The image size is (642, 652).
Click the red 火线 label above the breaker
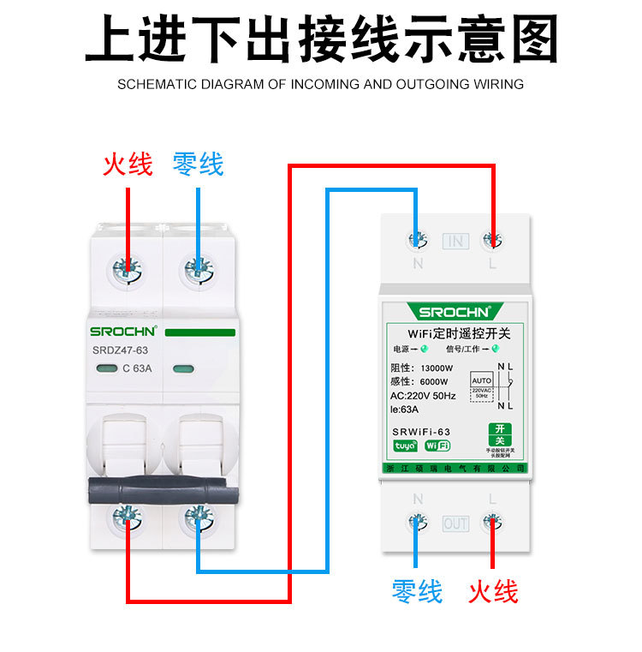click(x=128, y=164)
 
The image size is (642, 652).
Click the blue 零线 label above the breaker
click(x=198, y=164)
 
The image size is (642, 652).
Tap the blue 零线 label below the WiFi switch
click(x=417, y=590)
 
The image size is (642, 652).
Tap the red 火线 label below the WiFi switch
click(x=493, y=590)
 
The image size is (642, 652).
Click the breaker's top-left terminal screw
click(x=128, y=270)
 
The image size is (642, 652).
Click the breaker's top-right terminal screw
click(x=198, y=271)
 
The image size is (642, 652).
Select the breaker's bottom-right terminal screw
click(x=198, y=517)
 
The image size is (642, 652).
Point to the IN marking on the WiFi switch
click(x=455, y=241)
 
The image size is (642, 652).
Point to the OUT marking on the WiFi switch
click(x=455, y=523)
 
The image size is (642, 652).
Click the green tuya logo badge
click(x=405, y=446)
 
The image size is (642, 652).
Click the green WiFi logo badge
click(x=437, y=446)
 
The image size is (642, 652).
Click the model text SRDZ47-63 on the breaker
click(x=120, y=350)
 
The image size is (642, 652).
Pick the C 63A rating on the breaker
click(x=137, y=369)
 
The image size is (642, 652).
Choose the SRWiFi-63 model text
click(x=421, y=431)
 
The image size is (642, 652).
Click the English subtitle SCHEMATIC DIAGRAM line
click(x=320, y=85)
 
